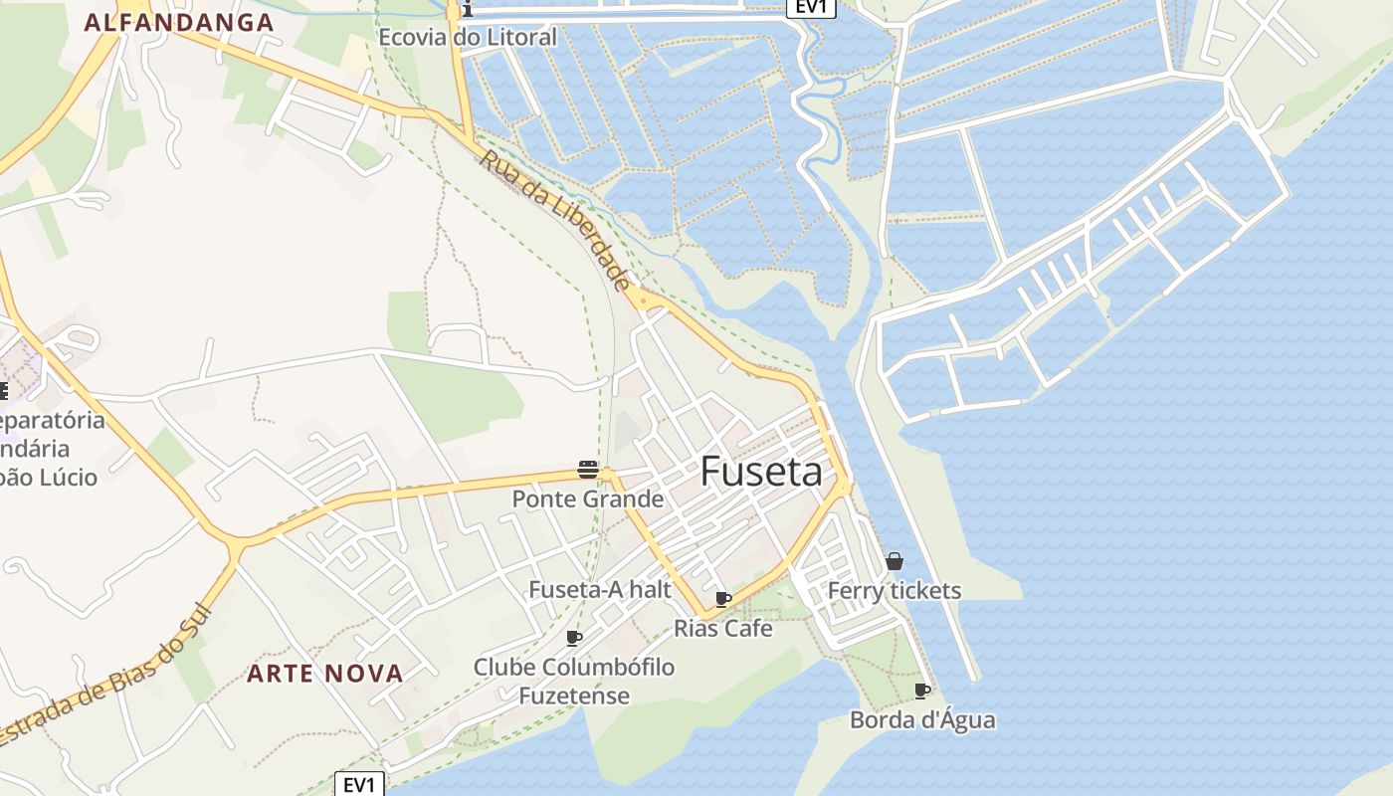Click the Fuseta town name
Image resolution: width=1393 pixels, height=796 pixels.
[762, 471]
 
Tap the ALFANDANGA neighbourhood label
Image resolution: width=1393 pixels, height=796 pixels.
[179, 22]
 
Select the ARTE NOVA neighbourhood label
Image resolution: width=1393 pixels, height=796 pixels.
[325, 674]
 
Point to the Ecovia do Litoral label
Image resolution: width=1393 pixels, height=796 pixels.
[468, 38]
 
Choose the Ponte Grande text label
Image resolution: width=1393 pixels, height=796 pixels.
[587, 498]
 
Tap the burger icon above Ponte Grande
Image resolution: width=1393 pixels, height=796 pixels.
[588, 470]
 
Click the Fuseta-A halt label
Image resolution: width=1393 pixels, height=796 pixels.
[600, 589]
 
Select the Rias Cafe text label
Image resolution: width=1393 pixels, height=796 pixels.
[723, 628]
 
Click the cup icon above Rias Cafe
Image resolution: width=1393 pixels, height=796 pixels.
[723, 599]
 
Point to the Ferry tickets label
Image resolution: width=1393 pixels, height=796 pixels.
[895, 590]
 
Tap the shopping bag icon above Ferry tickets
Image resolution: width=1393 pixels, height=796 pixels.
[895, 561]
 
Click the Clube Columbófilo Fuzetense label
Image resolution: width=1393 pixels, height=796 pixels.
[574, 681]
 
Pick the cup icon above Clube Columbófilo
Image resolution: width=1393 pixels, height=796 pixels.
[574, 638]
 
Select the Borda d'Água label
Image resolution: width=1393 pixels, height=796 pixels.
[922, 719]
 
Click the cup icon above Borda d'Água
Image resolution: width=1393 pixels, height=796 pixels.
[922, 691]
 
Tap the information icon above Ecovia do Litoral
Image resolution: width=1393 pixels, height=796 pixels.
[466, 10]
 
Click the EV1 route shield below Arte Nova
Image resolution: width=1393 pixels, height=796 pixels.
[358, 784]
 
